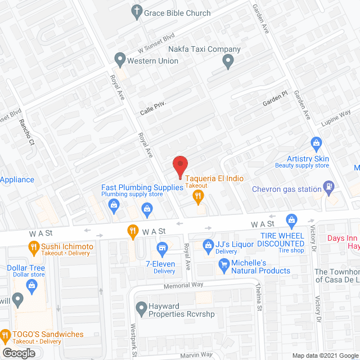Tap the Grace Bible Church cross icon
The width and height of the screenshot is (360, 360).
[136, 11]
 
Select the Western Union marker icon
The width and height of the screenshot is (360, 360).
[119, 58]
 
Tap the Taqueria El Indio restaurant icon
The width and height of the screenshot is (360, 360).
[197, 196]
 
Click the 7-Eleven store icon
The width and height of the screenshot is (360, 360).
[163, 247]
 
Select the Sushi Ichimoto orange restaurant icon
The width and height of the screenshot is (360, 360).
[33, 246]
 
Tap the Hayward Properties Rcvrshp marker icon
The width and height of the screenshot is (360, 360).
[141, 307]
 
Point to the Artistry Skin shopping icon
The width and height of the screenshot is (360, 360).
[316, 143]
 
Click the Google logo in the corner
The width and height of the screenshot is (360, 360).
[18, 353]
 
